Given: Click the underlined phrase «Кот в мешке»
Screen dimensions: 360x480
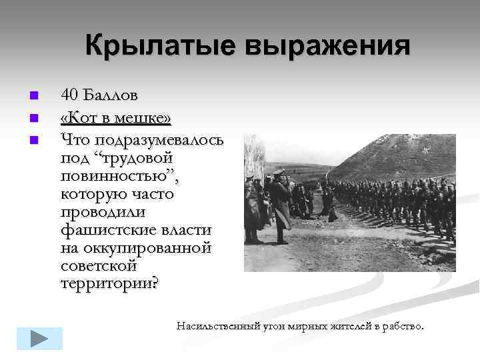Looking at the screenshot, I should (115, 119).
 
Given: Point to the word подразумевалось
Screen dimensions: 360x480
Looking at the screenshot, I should (159, 140).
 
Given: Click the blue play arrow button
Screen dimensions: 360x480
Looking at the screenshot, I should (39, 338).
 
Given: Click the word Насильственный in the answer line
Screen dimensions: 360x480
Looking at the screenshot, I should (217, 326).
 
